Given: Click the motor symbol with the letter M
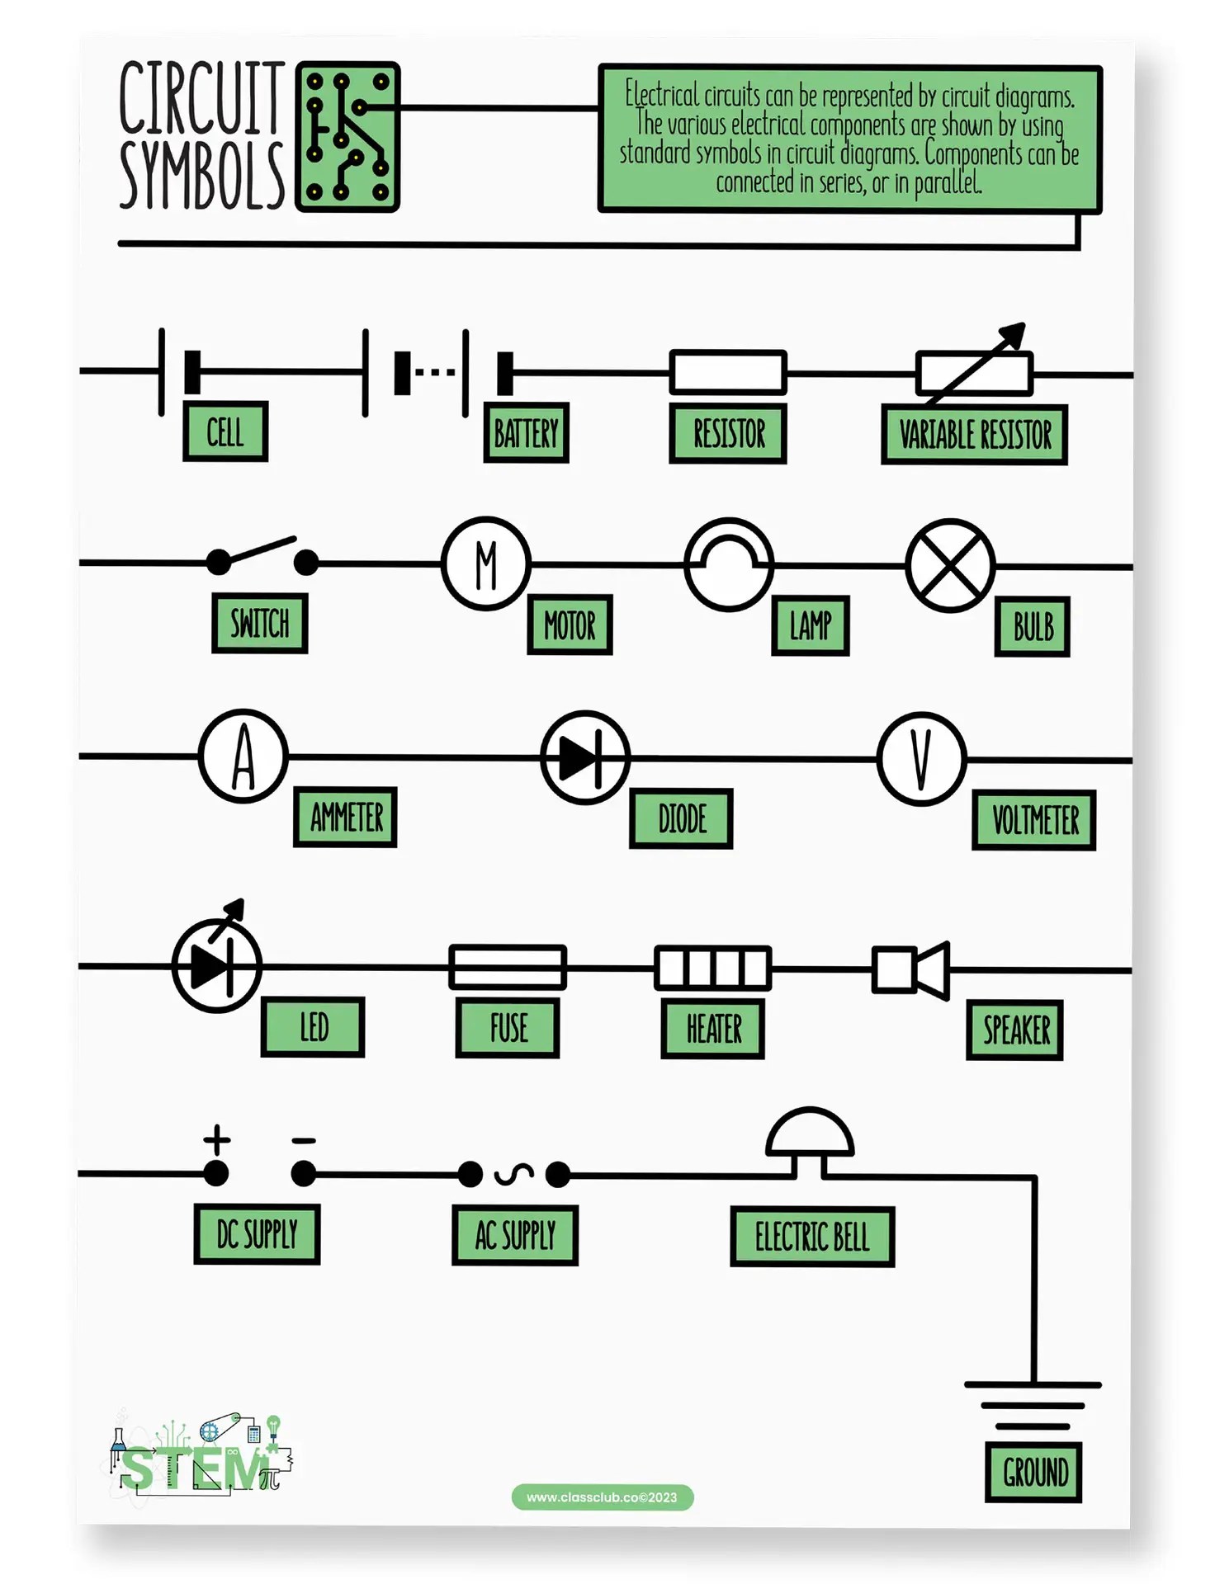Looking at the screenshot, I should point(485,564).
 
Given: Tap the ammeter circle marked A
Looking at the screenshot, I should point(243,756).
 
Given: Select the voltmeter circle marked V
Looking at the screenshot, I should point(921,759).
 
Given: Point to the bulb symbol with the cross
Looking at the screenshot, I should point(950,566).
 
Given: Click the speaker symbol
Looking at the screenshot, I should point(911,969).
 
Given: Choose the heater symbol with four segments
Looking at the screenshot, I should point(712,968).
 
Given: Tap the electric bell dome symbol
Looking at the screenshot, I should point(809,1135).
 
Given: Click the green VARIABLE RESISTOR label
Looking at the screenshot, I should point(974,435).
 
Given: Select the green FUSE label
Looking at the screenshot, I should point(508,1028).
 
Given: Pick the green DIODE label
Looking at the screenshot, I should point(681,819).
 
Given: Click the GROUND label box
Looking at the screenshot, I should point(1033,1473).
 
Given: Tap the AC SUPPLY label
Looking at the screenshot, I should point(515,1235).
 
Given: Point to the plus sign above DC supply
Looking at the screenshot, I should point(217,1139).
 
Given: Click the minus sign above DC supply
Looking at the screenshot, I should point(304,1141).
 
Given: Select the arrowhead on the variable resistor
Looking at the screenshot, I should point(1014,334).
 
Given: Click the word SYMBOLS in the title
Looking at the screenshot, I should point(202,175).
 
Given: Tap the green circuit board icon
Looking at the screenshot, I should point(347,137).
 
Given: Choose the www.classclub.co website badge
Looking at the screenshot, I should point(603,1497).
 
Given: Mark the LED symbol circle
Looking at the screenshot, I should point(217,966).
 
